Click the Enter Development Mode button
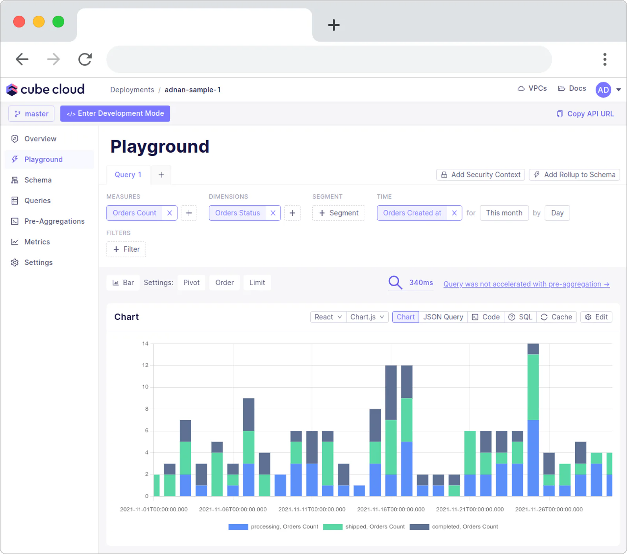pyautogui.click(x=115, y=113)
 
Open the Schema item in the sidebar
pyautogui.click(x=38, y=180)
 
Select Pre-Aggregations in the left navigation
pyautogui.click(x=54, y=221)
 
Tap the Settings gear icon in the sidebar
pyautogui.click(x=15, y=262)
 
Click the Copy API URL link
pyautogui.click(x=585, y=114)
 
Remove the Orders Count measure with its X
pyautogui.click(x=170, y=213)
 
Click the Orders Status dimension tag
pyautogui.click(x=237, y=213)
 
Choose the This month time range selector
pyautogui.click(x=504, y=213)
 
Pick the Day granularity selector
pyautogui.click(x=557, y=213)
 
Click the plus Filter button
pyautogui.click(x=126, y=249)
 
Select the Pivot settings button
pyautogui.click(x=191, y=282)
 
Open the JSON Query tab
pyautogui.click(x=443, y=317)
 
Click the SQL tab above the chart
pyautogui.click(x=521, y=317)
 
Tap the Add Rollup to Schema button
pyautogui.click(x=574, y=175)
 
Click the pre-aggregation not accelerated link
pyautogui.click(x=526, y=284)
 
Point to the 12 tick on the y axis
pyautogui.click(x=145, y=365)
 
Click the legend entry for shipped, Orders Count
pyautogui.click(x=364, y=527)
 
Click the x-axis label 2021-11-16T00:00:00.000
pyautogui.click(x=391, y=509)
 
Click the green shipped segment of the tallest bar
pyautogui.click(x=533, y=387)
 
